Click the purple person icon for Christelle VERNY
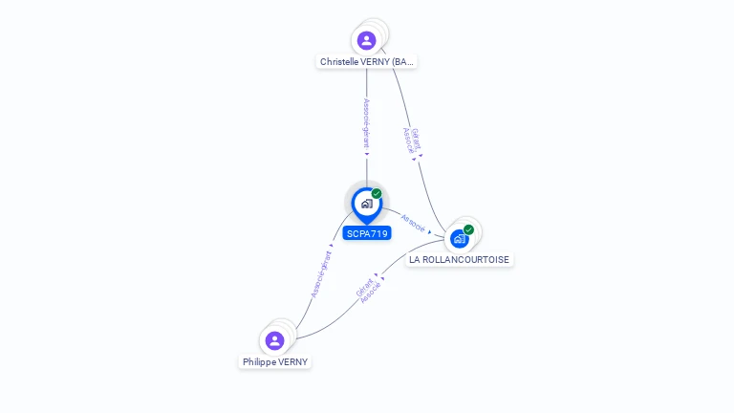[366, 40]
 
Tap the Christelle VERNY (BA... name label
[367, 61]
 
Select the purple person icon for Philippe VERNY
[274, 340]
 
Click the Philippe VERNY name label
[274, 362]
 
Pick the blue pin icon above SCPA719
[366, 204]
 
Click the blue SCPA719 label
[367, 233]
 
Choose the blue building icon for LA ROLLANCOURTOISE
[460, 238]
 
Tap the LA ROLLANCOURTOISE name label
[460, 259]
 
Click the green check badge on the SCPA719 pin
[377, 194]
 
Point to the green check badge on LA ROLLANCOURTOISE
[468, 229]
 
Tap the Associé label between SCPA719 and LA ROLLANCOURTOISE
[413, 222]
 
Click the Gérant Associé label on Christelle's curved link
[411, 141]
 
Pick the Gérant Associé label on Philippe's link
[367, 291]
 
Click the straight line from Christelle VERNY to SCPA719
[366, 168]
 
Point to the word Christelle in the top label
[337, 61]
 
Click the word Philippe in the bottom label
[258, 362]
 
